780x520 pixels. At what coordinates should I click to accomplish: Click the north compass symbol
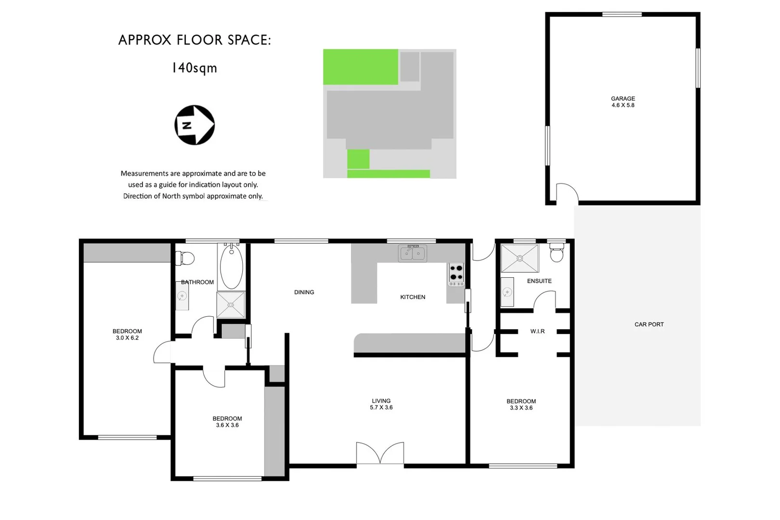coord(195,125)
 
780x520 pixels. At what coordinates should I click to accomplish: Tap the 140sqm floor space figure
coord(195,68)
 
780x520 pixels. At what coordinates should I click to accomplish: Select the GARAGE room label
coord(623,98)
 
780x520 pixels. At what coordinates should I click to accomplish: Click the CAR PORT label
coord(649,325)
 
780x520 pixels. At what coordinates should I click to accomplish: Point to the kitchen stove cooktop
coord(456,273)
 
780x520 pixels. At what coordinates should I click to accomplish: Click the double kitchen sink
coord(412,253)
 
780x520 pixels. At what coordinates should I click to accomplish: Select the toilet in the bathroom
coord(185,259)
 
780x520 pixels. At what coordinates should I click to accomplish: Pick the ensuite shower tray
coord(520,259)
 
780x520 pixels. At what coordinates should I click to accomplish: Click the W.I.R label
coord(537,331)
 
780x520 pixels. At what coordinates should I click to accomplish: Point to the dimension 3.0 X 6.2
coord(127,338)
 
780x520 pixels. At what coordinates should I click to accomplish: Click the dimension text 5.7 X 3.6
coord(381,407)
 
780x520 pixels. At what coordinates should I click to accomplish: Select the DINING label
coord(304,292)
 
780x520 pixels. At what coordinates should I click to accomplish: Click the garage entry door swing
coord(567,192)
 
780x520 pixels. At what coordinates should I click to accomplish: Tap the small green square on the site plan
coord(358,159)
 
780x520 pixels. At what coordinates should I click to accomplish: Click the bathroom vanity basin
coord(182,296)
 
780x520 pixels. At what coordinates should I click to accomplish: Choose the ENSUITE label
coord(539,281)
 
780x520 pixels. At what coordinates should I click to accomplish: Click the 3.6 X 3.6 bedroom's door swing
coord(214,377)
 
